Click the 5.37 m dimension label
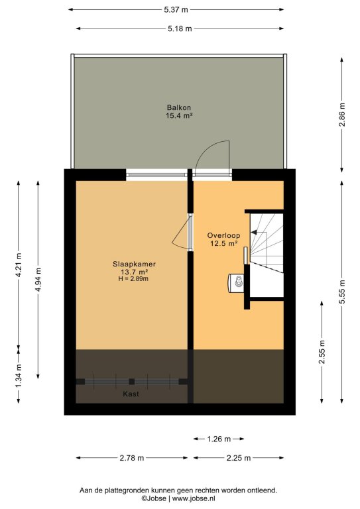click(x=176, y=10)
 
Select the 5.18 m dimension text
click(x=180, y=28)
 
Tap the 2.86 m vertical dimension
click(x=342, y=115)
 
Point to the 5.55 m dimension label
click(x=342, y=292)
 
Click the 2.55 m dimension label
click(x=322, y=352)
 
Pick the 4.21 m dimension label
click(x=19, y=265)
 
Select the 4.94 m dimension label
click(x=38, y=279)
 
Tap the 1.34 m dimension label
click(x=19, y=376)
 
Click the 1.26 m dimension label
click(x=219, y=439)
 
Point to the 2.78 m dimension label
click(x=132, y=458)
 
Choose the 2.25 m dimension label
click(x=239, y=458)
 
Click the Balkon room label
click(x=179, y=107)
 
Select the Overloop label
click(x=223, y=236)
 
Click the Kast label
click(x=131, y=394)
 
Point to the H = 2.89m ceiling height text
click(x=134, y=279)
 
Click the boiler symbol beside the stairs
click(x=236, y=284)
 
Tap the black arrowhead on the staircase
click(x=254, y=233)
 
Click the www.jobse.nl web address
click(x=194, y=498)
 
